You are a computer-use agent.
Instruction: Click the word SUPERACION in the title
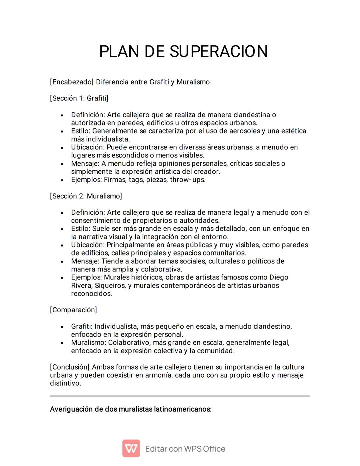[219, 52]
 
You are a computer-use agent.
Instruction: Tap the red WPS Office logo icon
[131, 448]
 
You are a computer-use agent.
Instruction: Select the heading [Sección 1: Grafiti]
[79, 98]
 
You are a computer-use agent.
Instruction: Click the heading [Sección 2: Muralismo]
[86, 196]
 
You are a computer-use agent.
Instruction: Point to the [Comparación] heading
[73, 310]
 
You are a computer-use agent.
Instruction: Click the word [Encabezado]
[72, 82]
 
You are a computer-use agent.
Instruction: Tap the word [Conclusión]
[70, 367]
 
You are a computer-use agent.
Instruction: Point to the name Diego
[279, 278]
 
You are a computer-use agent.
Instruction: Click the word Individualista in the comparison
[116, 327]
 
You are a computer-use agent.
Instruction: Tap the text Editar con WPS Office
[185, 449]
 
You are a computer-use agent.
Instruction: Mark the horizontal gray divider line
[180, 396]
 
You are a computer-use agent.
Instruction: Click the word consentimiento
[101, 220]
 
